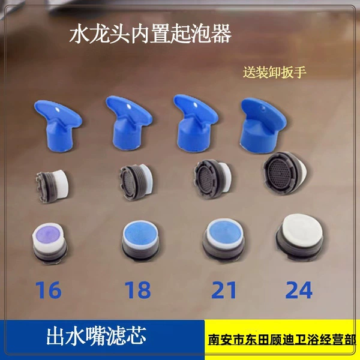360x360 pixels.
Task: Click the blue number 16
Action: tap(49, 290)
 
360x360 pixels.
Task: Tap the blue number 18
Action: tap(137, 290)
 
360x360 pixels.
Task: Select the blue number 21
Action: tap(224, 290)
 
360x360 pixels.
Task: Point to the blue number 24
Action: tap(299, 290)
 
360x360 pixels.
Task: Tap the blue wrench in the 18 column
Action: tap(128, 123)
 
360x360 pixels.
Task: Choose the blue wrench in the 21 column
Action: tap(195, 123)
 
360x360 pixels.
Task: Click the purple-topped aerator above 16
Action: tap(49, 242)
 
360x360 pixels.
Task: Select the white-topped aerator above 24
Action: tap(299, 237)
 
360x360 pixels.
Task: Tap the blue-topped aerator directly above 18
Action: tap(140, 240)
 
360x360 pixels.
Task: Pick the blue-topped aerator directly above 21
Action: tap(223, 239)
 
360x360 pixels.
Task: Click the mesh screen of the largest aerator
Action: tap(280, 172)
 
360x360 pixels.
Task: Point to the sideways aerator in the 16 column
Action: tap(52, 186)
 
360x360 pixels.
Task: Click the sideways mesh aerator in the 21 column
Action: tap(211, 179)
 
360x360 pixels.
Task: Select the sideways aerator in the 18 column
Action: tap(136, 182)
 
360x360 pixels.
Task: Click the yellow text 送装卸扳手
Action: tap(275, 73)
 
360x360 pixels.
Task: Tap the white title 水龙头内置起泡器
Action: tap(151, 34)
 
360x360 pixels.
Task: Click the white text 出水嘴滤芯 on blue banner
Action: tap(97, 336)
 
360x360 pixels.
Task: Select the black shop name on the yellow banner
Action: tap(282, 340)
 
